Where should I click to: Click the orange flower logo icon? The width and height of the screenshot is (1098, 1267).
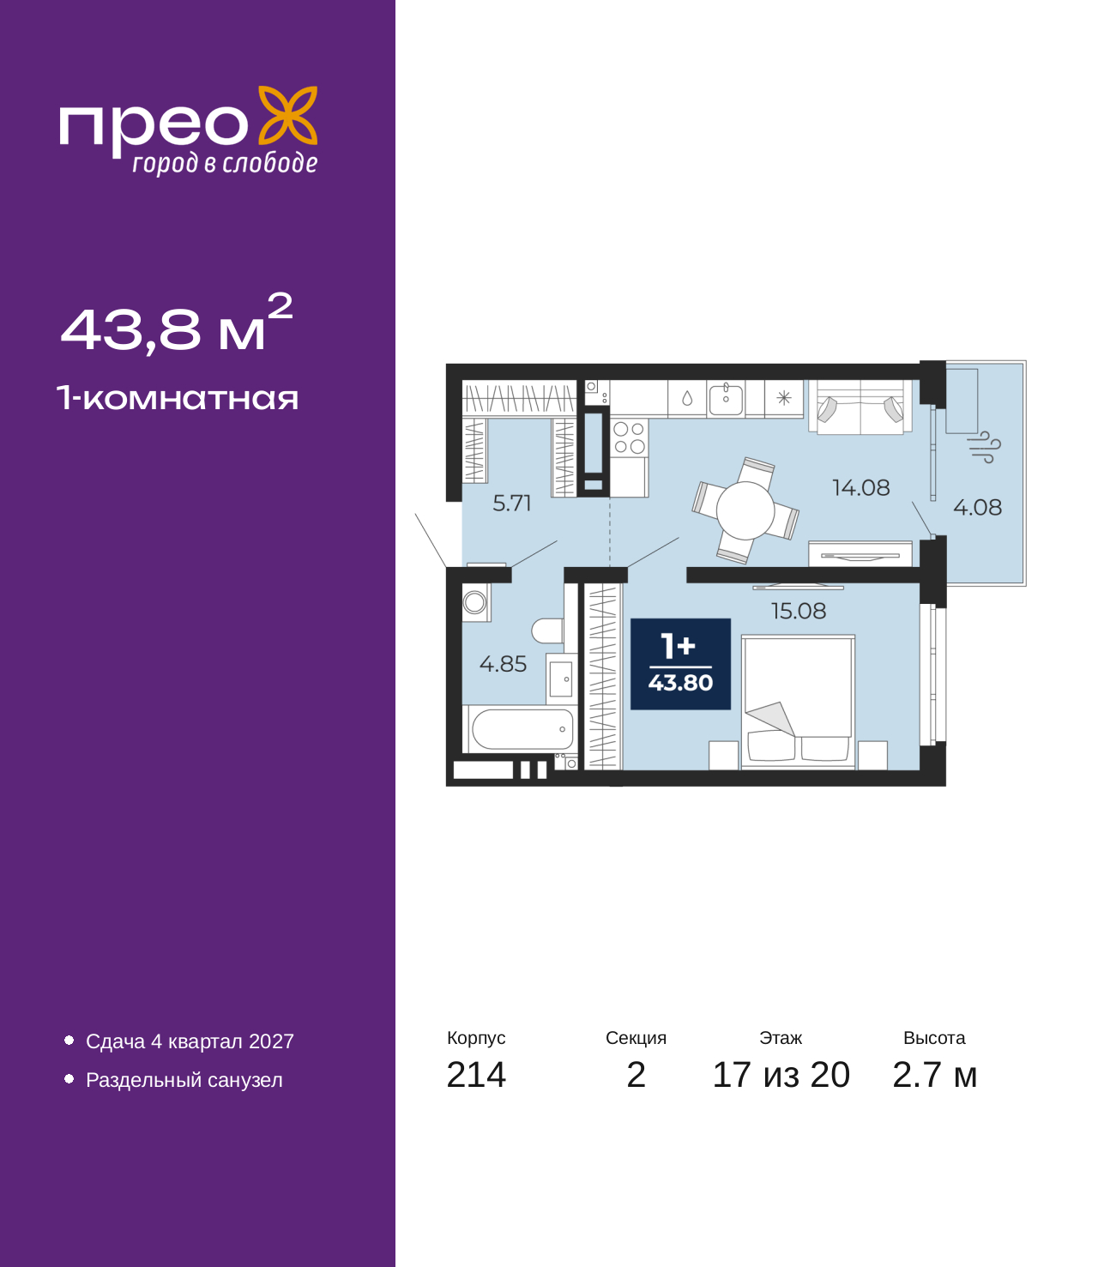[x=287, y=115]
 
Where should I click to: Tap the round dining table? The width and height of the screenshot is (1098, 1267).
[x=745, y=510]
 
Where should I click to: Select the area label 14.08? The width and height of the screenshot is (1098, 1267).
[x=860, y=488]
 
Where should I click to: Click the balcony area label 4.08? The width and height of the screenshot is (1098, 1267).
[x=977, y=508]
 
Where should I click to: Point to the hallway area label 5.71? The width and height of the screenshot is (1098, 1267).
[x=511, y=504]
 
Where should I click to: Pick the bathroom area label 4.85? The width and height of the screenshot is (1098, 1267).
[x=503, y=665]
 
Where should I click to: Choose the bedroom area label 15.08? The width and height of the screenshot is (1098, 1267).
[x=799, y=611]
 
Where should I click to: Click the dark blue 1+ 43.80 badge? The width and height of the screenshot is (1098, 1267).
[x=680, y=664]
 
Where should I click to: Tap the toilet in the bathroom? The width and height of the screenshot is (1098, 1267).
[x=547, y=630]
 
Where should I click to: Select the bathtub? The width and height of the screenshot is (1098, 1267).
[x=522, y=729]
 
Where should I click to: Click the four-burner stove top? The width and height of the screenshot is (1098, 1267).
[x=629, y=437]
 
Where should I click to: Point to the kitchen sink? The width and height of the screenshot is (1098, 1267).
[x=726, y=398]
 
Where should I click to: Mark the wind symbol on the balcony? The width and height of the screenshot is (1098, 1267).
[x=984, y=448]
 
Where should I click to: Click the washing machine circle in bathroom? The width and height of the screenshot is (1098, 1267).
[x=474, y=602]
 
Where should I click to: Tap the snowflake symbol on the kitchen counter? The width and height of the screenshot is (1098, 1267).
[x=784, y=398]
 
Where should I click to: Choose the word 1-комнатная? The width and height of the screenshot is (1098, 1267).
[x=178, y=398]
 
